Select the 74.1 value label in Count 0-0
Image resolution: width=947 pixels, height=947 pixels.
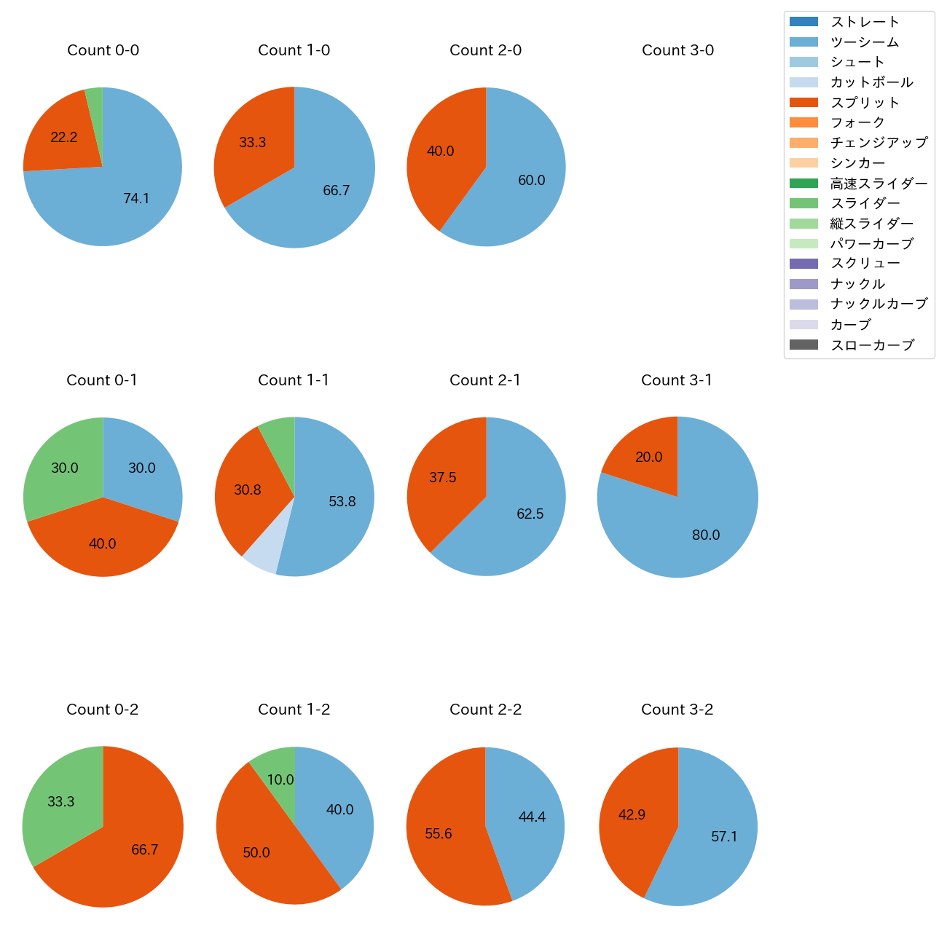point(136,198)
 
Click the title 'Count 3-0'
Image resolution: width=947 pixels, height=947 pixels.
point(677,50)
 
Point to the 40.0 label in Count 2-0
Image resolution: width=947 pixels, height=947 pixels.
point(440,151)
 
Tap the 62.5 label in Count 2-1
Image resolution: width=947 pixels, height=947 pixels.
point(530,514)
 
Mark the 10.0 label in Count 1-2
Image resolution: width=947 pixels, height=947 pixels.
point(280,779)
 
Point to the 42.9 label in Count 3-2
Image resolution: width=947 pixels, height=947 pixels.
point(632,814)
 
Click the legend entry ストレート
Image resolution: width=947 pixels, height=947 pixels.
point(865,22)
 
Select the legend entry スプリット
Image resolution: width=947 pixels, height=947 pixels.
point(865,103)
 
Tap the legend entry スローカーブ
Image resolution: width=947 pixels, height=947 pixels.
point(872,345)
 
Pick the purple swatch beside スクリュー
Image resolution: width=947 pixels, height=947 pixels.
point(803,264)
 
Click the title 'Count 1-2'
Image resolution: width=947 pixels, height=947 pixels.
point(294,710)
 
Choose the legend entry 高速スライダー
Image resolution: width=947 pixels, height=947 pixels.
point(879,184)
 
